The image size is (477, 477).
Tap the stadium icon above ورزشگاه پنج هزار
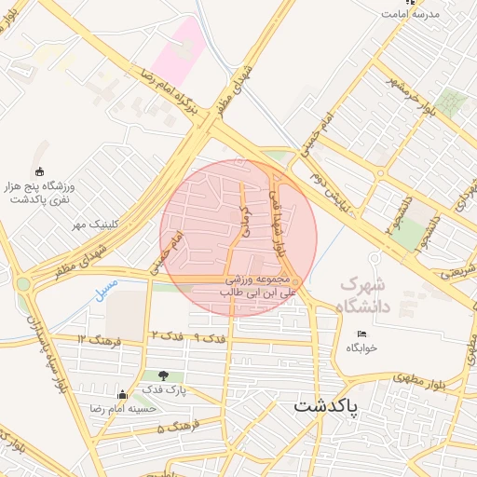[38, 170]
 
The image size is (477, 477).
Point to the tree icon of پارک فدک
[165, 375]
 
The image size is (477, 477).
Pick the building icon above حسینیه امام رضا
[122, 394]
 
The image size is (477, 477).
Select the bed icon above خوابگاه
[361, 334]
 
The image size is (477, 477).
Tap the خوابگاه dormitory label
[361, 347]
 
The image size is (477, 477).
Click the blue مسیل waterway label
[105, 289]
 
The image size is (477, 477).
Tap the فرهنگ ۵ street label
[171, 429]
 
